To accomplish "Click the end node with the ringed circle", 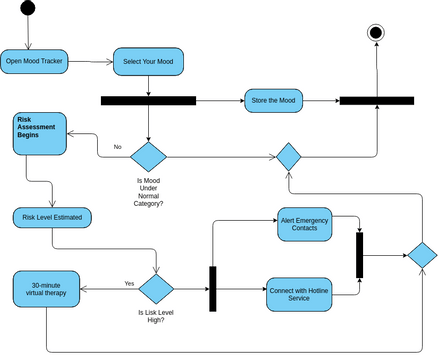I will tap(376, 33).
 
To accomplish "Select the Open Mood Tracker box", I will tap(33, 62).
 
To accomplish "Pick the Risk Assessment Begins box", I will tap(39, 133).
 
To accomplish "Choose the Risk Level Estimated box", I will tap(52, 217).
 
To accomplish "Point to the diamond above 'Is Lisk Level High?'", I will tap(156, 289).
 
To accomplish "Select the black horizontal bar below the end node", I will tap(376, 100).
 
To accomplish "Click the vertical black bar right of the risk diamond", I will tap(213, 289).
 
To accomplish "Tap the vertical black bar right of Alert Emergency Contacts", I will tap(360, 255).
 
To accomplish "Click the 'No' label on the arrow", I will tap(117, 147).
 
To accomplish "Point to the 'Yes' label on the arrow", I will tap(129, 283).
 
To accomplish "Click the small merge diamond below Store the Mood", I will tap(288, 156).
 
